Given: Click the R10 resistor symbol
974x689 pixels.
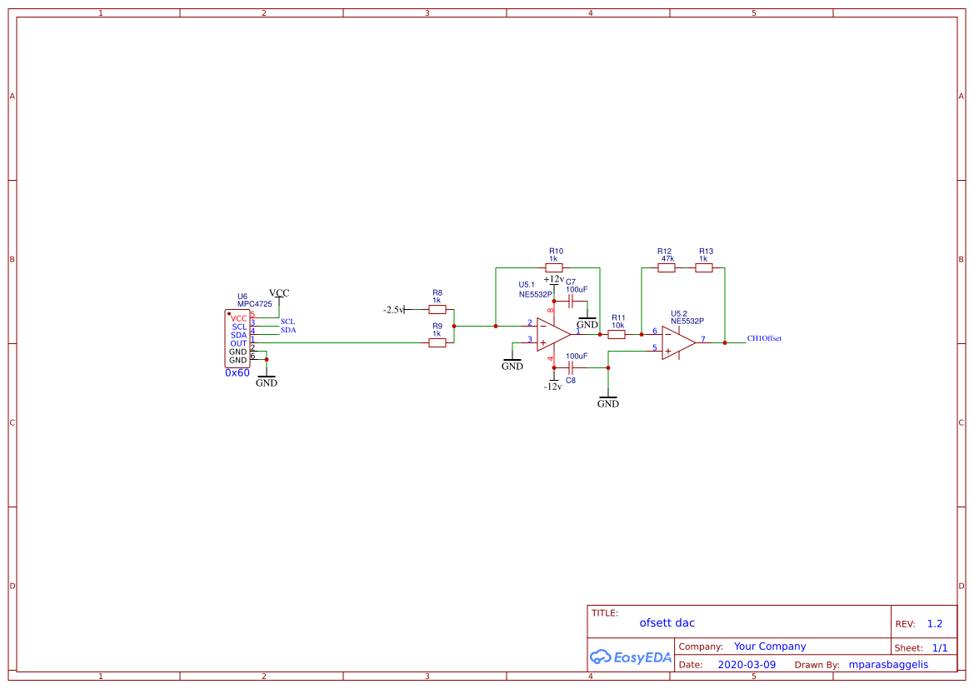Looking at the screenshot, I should pyautogui.click(x=554, y=267).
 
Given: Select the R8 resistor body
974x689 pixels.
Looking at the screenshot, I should pyautogui.click(x=437, y=309).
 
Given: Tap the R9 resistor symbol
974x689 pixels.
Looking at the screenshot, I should pyautogui.click(x=437, y=342).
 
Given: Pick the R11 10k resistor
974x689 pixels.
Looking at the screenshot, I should pyautogui.click(x=617, y=334).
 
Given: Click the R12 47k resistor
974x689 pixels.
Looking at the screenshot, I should pyautogui.click(x=667, y=267).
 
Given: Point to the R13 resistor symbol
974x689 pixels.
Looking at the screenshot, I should pyautogui.click(x=704, y=267).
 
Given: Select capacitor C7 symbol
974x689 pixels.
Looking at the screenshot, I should pyautogui.click(x=572, y=301).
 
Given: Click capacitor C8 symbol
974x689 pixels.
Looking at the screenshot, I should pyautogui.click(x=571, y=367).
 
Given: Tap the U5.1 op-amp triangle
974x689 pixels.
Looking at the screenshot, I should pyautogui.click(x=552, y=334).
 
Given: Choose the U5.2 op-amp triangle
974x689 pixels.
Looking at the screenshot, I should pyautogui.click(x=677, y=342).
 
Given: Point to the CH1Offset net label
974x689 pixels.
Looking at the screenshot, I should pyautogui.click(x=764, y=338).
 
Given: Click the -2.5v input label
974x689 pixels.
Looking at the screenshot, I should pyautogui.click(x=393, y=309).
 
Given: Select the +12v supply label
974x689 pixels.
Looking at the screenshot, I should pyautogui.click(x=553, y=279).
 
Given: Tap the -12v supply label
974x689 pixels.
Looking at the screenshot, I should pyautogui.click(x=552, y=387).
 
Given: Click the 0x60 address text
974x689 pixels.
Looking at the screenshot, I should pyautogui.click(x=237, y=373).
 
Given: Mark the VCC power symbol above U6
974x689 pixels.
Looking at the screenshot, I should pyautogui.click(x=279, y=293).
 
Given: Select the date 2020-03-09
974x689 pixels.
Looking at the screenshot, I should pyautogui.click(x=747, y=665).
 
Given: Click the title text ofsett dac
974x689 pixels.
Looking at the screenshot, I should pyautogui.click(x=667, y=622).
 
